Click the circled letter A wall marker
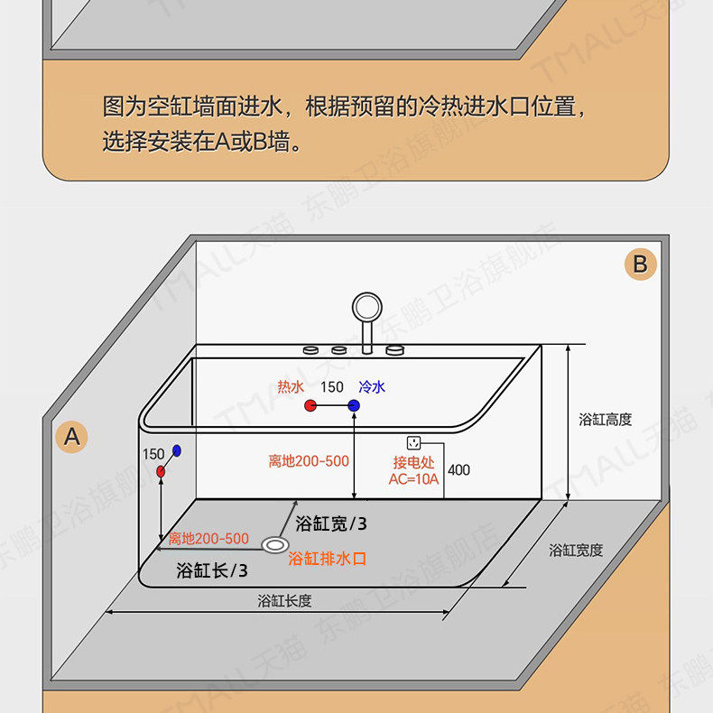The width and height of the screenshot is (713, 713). (72, 437)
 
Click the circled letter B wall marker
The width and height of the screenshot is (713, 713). (640, 264)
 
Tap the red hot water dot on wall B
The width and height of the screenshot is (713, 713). (310, 407)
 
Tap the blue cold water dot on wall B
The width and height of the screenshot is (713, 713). (354, 407)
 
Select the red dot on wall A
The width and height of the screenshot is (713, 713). (161, 471)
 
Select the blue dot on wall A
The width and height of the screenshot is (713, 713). (177, 449)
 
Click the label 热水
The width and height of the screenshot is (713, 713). (291, 387)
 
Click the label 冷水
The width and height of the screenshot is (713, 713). (372, 387)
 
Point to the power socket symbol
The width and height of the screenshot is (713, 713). (414, 443)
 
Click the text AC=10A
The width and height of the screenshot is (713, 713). (413, 479)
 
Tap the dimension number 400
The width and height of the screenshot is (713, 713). (458, 470)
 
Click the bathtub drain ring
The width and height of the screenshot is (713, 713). (274, 544)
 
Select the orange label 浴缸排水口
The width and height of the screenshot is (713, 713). (328, 559)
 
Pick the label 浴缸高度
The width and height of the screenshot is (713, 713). (605, 420)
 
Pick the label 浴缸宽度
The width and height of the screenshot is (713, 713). (576, 550)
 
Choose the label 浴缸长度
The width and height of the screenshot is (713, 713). (284, 601)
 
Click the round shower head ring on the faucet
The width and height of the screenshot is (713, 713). (367, 307)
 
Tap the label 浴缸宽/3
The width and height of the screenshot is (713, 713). (331, 523)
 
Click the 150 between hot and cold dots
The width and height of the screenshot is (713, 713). (332, 387)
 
